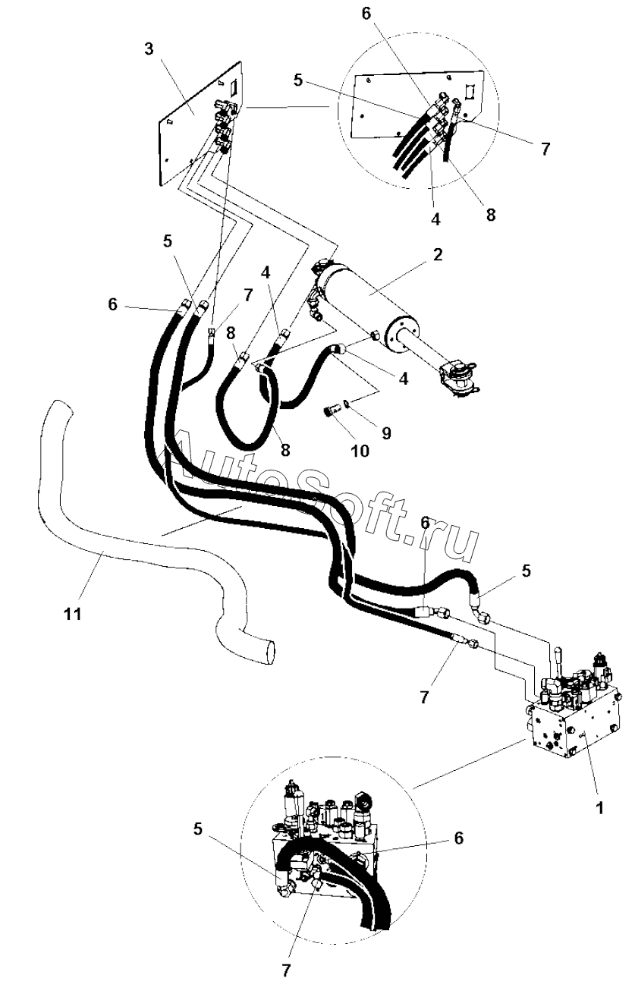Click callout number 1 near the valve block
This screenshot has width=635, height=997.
tap(599, 807)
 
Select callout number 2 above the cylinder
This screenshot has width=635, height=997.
tap(438, 255)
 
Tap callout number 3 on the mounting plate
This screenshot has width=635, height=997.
tap(149, 49)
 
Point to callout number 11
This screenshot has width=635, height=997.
tap(73, 615)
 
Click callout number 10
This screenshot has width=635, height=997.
tap(360, 451)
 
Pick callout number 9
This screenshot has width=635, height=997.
tap(386, 432)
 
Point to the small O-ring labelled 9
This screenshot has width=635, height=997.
tap(351, 404)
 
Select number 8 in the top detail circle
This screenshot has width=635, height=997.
tap(490, 215)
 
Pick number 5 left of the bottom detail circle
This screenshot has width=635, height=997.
tap(197, 829)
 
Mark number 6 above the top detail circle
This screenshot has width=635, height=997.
tap(366, 14)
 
